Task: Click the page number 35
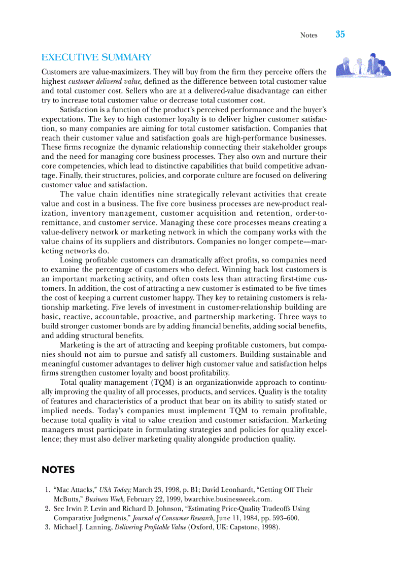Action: click(340, 35)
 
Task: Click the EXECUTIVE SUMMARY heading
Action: click(96, 58)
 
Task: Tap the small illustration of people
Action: click(363, 65)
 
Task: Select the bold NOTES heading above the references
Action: click(58, 470)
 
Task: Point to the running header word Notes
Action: click(308, 35)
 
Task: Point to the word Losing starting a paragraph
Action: click(71, 260)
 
